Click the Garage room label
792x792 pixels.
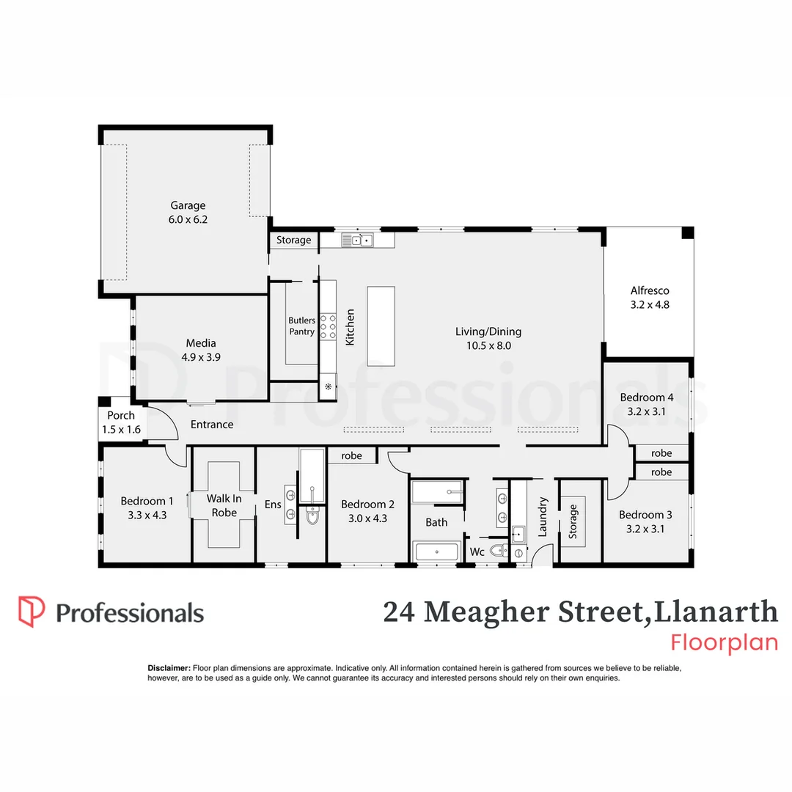(x=188, y=206)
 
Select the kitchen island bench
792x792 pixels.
(x=381, y=326)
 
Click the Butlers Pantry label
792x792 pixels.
(x=301, y=326)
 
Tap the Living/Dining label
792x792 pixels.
(x=488, y=331)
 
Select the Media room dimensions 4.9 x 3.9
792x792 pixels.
(x=201, y=357)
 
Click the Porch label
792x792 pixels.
(x=121, y=415)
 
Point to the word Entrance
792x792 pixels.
(x=212, y=425)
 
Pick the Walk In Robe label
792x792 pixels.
(x=224, y=505)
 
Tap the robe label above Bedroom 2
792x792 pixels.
(x=352, y=456)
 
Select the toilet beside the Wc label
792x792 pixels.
(x=498, y=551)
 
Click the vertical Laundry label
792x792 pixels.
(x=543, y=517)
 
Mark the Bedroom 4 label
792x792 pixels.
(x=646, y=398)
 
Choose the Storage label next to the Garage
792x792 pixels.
(x=293, y=240)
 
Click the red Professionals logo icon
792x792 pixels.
(x=31, y=612)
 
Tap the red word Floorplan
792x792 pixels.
(x=724, y=642)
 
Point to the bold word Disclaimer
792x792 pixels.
(x=169, y=668)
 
